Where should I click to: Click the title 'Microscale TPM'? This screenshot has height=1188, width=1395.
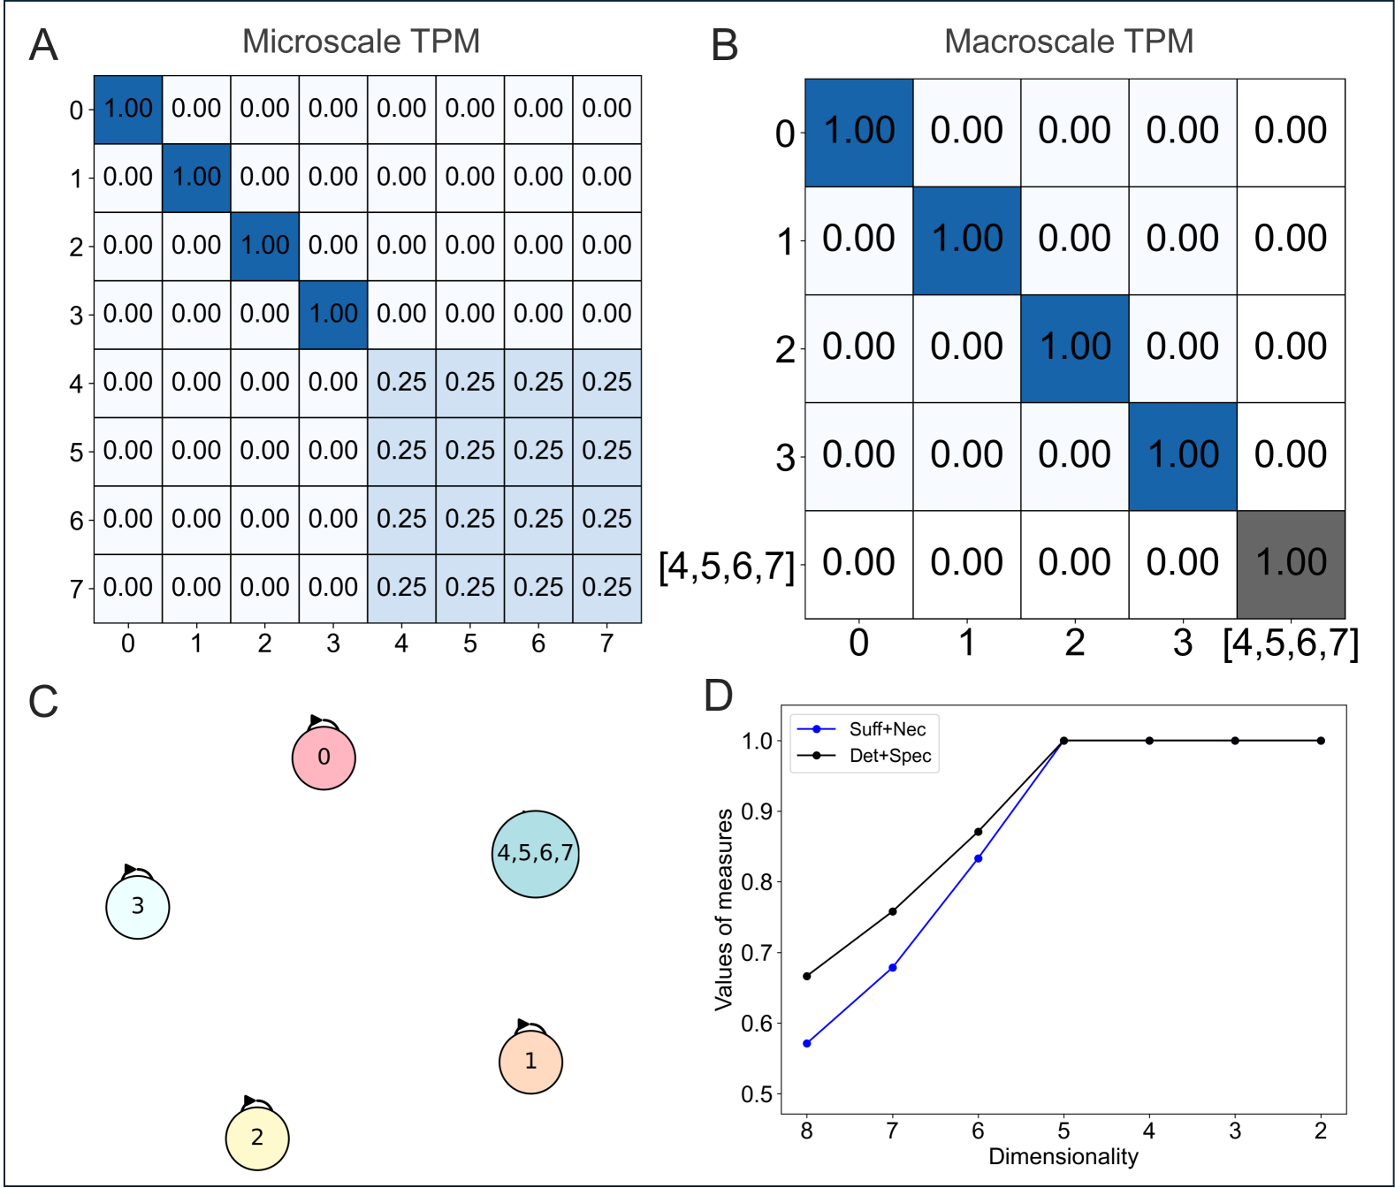click(x=361, y=42)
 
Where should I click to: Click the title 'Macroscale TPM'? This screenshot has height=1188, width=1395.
click(x=1068, y=42)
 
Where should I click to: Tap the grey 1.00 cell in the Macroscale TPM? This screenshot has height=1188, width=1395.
click(x=1291, y=564)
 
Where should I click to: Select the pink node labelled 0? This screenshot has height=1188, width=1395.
click(x=324, y=758)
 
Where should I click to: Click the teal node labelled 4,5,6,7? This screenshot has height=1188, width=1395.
click(x=535, y=854)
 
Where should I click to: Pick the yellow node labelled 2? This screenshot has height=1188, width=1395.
click(x=257, y=1138)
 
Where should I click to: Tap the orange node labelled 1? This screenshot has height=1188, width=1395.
click(x=530, y=1062)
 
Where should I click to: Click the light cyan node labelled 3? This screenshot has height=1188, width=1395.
click(x=138, y=907)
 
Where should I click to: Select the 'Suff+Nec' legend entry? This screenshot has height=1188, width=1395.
click(x=887, y=729)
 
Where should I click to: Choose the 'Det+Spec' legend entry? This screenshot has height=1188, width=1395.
click(x=889, y=756)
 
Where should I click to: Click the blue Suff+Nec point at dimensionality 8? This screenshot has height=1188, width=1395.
click(x=806, y=1044)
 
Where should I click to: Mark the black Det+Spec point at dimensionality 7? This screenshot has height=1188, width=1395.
click(x=892, y=911)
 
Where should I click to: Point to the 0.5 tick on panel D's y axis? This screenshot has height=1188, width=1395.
click(x=757, y=1094)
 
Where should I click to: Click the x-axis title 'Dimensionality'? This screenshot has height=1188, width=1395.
click(x=1063, y=1157)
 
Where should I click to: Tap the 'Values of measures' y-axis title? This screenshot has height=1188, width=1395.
click(x=724, y=909)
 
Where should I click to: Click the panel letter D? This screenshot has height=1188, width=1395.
click(x=718, y=696)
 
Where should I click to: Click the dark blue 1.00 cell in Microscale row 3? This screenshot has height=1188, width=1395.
click(x=333, y=315)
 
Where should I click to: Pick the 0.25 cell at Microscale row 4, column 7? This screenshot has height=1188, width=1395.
click(x=606, y=383)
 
